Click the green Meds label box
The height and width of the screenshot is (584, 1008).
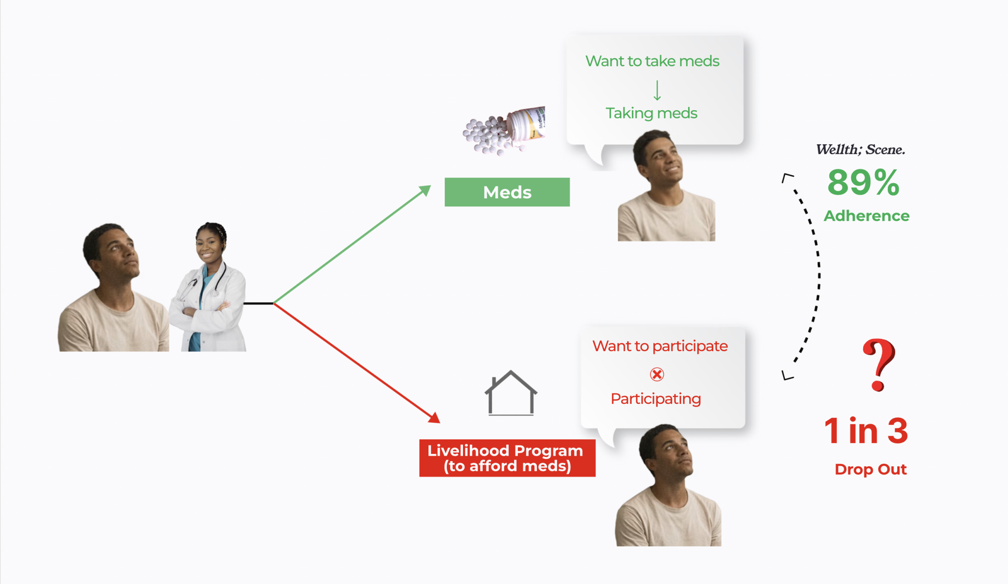[x=507, y=192]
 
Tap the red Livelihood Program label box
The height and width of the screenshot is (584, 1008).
[x=507, y=458]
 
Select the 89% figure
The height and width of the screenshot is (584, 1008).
[x=863, y=182]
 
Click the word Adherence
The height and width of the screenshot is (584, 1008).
[x=866, y=216]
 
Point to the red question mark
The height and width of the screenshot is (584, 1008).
[x=878, y=364]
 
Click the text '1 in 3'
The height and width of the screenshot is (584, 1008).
[x=866, y=430]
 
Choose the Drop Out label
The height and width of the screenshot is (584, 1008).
[x=870, y=469]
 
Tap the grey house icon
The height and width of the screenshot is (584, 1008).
[x=511, y=393]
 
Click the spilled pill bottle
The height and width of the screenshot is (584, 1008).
[x=504, y=130]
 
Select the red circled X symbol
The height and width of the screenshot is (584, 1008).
[x=657, y=374]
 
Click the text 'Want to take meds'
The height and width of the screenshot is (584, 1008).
[x=652, y=61]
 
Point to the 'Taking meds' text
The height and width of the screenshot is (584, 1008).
[x=651, y=113]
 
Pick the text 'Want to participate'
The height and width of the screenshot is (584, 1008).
[x=660, y=346]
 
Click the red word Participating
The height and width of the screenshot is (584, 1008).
[x=656, y=399]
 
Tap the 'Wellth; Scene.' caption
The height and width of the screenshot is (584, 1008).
[x=861, y=150]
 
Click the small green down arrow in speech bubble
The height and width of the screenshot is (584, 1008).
[x=657, y=91]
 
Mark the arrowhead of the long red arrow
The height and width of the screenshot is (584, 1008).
[x=434, y=418]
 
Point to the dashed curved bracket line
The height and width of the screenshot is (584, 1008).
[x=818, y=275]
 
